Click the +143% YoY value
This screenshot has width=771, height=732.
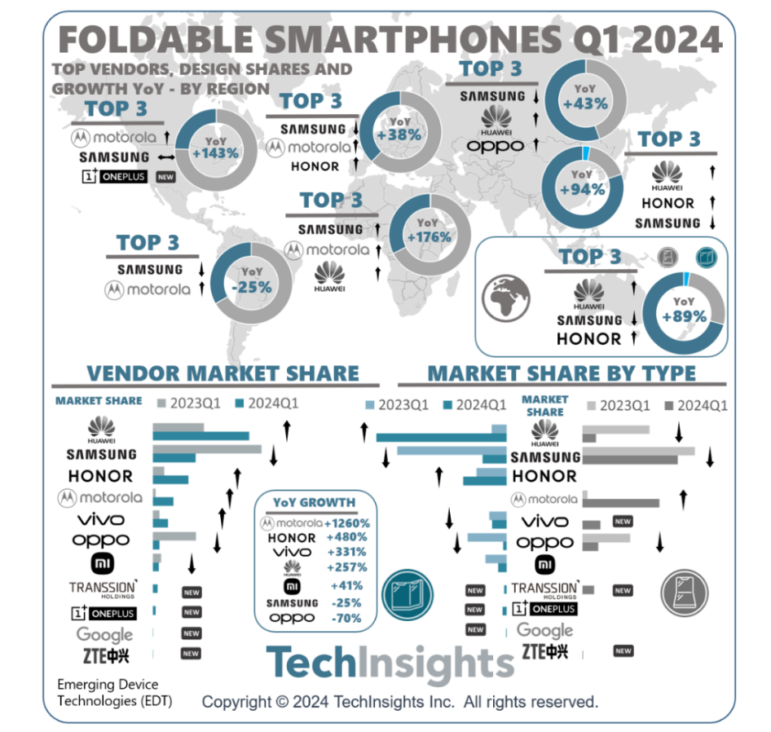point(215,152)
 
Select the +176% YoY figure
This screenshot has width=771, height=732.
point(428,236)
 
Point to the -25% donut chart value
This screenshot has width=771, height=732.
point(250,286)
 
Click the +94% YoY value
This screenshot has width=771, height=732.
point(583,189)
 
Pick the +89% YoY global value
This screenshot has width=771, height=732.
point(685,316)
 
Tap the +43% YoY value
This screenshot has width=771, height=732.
point(585,104)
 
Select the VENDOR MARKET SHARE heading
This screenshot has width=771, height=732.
point(222,373)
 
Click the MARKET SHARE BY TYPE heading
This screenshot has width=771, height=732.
point(562,373)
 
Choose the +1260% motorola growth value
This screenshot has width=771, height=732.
point(347,523)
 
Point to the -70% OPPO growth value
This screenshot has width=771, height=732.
point(347,618)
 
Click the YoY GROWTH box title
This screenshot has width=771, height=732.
point(315,502)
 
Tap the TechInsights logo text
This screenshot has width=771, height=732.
point(390,664)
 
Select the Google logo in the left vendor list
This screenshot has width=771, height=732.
point(104,633)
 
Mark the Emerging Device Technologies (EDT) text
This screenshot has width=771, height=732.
point(108,692)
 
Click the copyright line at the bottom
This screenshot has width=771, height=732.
point(399,701)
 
